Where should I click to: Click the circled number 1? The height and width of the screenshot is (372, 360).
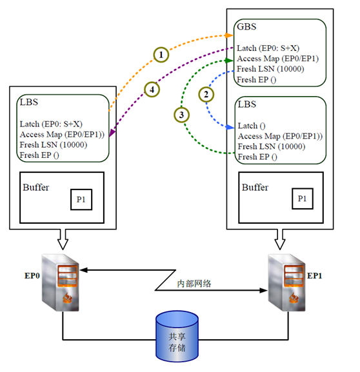(161, 55)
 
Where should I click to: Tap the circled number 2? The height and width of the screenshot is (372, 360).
(206, 94)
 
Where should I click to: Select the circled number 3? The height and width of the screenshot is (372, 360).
(181, 115)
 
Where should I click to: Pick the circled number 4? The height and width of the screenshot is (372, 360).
(152, 90)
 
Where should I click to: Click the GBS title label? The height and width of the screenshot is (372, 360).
(246, 26)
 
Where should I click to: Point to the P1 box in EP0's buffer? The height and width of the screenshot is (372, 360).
(81, 199)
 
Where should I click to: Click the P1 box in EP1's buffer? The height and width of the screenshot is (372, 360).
(303, 199)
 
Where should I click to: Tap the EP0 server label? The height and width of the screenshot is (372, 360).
(32, 276)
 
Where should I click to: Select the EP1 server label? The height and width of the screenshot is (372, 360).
(314, 276)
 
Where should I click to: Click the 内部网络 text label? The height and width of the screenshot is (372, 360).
(194, 284)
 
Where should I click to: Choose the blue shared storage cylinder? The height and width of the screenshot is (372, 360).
(177, 337)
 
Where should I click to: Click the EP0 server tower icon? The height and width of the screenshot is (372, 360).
(60, 282)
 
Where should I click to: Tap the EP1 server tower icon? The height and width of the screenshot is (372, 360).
(286, 282)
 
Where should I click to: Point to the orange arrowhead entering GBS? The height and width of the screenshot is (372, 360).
(229, 35)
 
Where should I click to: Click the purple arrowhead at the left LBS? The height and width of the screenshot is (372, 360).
(112, 133)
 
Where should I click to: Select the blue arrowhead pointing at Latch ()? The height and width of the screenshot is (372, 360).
(230, 127)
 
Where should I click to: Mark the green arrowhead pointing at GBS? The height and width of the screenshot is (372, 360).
(229, 61)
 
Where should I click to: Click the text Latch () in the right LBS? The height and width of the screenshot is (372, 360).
(252, 126)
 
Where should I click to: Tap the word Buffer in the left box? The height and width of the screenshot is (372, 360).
(36, 188)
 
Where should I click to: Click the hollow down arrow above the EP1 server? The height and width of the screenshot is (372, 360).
(280, 239)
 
